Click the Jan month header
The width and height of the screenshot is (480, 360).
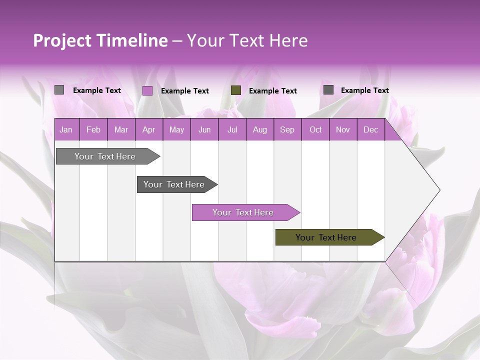coord(66,130)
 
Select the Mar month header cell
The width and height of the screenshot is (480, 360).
coord(121,130)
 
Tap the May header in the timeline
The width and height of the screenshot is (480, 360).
coord(176,130)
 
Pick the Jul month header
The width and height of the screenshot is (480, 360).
coord(232,130)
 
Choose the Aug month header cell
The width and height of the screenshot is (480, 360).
coord(259,130)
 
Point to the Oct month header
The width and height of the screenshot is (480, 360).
coord(315,130)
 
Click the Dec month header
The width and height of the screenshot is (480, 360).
coord(370,130)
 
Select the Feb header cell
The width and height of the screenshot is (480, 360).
coord(93,130)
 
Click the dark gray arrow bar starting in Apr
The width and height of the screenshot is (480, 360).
coord(175,184)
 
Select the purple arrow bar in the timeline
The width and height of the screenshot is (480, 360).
coord(244,212)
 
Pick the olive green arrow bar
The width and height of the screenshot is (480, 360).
coord(327,237)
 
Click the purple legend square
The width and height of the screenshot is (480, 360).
coord(147,90)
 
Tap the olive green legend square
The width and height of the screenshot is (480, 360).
coord(236,90)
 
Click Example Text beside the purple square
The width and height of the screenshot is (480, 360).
coord(185,91)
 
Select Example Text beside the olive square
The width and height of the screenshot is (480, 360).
coord(273,91)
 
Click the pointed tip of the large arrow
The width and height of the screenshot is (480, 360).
coord(438,190)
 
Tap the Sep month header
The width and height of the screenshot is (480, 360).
coord(287,130)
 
